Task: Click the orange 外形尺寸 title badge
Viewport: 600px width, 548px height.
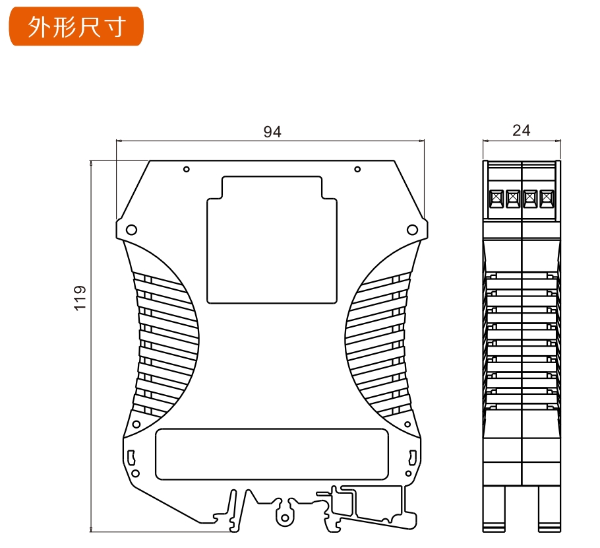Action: pyautogui.click(x=75, y=26)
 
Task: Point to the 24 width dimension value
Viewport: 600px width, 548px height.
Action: pyautogui.click(x=521, y=131)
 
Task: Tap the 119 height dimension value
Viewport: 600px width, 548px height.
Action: pyautogui.click(x=80, y=298)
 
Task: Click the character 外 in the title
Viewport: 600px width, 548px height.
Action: pyautogui.click(x=39, y=26)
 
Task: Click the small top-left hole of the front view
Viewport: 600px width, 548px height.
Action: pyautogui.click(x=187, y=169)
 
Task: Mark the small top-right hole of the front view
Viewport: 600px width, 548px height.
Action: pyautogui.click(x=357, y=169)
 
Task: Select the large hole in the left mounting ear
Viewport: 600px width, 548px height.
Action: pyautogui.click(x=131, y=230)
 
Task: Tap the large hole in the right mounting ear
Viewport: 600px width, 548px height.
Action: pyautogui.click(x=412, y=230)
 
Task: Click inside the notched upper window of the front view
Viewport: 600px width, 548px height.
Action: pyautogui.click(x=272, y=244)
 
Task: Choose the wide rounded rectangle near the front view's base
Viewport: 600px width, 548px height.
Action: pyautogui.click(x=272, y=454)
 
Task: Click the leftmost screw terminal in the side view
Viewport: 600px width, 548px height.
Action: pyautogui.click(x=496, y=198)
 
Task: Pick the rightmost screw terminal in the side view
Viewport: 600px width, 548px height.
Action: pyautogui.click(x=546, y=198)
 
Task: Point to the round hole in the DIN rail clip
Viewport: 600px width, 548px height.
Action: pyautogui.click(x=285, y=510)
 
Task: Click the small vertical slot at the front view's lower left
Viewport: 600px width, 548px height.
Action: pyautogui.click(x=132, y=456)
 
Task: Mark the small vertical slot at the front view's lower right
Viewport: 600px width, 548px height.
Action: pyautogui.click(x=411, y=456)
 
